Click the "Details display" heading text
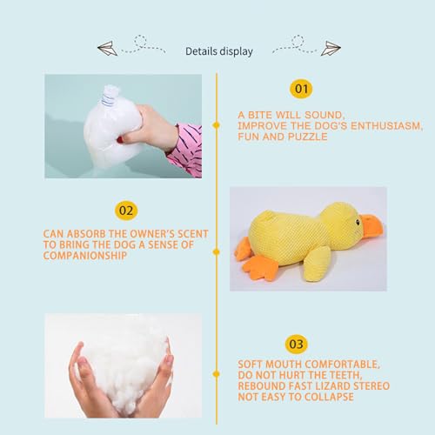[x=219, y=51]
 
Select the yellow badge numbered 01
[x=300, y=88]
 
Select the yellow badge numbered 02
[x=126, y=210]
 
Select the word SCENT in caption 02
[x=186, y=234]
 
